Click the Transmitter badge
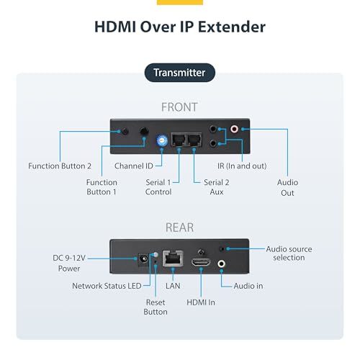[x=180, y=73]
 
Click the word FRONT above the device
[x=179, y=107]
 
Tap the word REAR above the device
[x=179, y=228]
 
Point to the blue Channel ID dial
[x=162, y=140]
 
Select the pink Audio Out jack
[x=234, y=129]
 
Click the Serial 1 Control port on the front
[x=179, y=140]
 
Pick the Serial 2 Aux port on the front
[x=194, y=140]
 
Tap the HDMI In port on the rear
[x=201, y=262]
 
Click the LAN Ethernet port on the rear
[x=173, y=258]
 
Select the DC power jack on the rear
[x=143, y=259]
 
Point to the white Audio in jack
[x=221, y=264]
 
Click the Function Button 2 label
[x=60, y=166]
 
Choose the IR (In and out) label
[x=242, y=166]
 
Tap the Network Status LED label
[x=107, y=286]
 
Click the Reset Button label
[x=156, y=307]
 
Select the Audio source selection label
[x=289, y=253]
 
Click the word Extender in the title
[x=232, y=27]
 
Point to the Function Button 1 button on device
[x=144, y=131]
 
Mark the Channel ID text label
[x=134, y=166]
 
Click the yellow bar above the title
[x=180, y=2]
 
